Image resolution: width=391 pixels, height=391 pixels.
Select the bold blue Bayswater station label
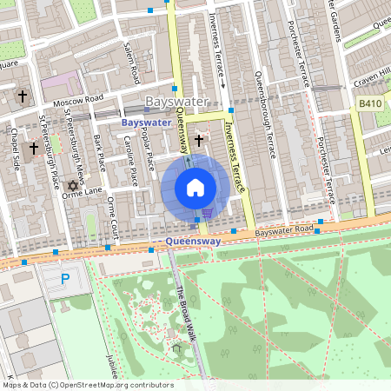point(146,123)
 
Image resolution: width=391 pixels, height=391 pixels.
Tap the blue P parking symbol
point(63,280)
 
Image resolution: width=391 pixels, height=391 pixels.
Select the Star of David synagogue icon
point(73,185)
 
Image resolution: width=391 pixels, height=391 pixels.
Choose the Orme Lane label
point(82,192)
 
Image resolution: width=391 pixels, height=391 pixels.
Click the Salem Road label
point(130,63)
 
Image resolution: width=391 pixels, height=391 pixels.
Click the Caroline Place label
point(132,165)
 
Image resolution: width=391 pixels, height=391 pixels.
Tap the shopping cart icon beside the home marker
point(207,213)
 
